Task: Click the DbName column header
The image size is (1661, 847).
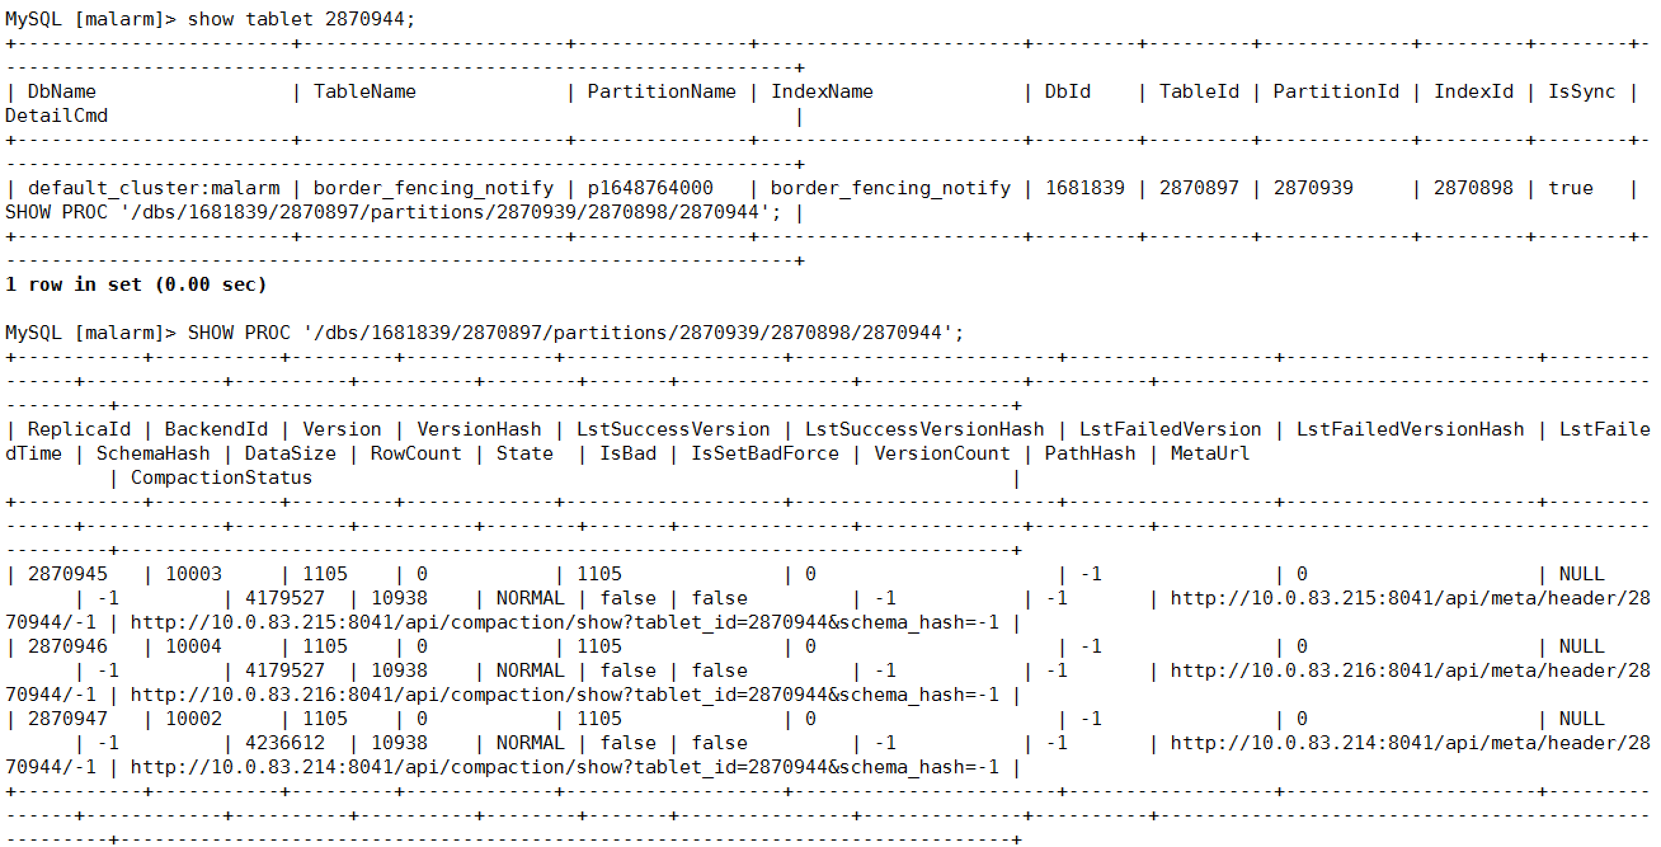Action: coord(62,91)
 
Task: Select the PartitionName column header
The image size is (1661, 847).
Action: coord(661,91)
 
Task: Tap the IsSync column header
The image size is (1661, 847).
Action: coord(1581,91)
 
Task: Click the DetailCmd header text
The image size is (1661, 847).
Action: coord(57,116)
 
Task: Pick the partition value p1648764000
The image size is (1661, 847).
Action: coord(650,188)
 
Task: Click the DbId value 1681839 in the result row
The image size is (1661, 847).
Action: coord(1084,188)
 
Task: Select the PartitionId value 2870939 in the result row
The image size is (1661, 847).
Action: coord(1313,188)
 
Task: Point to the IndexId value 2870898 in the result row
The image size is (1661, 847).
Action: coord(1472,188)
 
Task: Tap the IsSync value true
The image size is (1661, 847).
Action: coord(1570,188)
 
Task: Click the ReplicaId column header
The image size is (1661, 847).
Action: coord(79,429)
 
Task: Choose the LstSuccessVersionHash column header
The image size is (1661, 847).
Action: coord(924,429)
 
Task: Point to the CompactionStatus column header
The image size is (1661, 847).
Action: coord(221,477)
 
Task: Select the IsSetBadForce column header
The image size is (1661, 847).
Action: coord(764,454)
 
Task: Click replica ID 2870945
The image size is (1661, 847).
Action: coord(68,574)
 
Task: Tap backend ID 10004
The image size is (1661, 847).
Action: coord(194,646)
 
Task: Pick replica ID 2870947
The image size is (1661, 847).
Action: coord(68,719)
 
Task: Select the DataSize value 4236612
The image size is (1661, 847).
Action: coord(284,744)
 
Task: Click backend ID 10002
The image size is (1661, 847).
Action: coord(194,719)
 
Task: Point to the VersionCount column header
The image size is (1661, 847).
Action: coord(942,454)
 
